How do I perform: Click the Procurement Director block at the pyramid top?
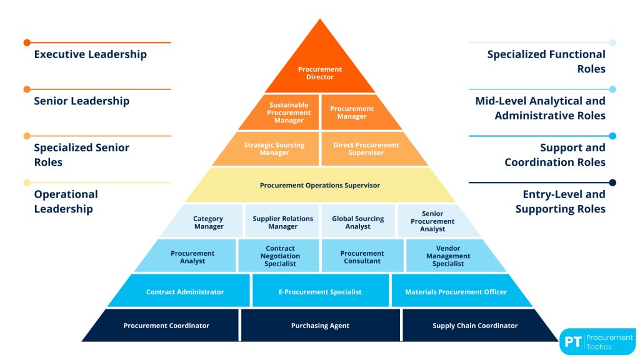(320, 73)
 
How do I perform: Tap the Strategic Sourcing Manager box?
(274, 149)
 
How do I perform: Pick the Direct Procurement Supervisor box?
(366, 149)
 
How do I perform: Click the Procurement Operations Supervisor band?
(320, 185)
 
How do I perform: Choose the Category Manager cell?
(209, 222)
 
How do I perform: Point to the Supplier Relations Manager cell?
(282, 222)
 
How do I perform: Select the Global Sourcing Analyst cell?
(358, 222)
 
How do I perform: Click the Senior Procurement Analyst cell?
(432, 222)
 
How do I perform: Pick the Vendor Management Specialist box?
(448, 256)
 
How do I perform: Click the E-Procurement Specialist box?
(320, 292)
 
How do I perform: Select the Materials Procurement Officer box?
(456, 292)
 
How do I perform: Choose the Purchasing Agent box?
(320, 326)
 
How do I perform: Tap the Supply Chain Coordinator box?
(475, 326)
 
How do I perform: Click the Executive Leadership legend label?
(90, 54)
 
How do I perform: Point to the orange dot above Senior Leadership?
(27, 89)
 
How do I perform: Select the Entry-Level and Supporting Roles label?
(560, 201)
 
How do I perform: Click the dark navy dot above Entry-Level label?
(612, 182)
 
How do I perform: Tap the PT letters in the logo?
(572, 342)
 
